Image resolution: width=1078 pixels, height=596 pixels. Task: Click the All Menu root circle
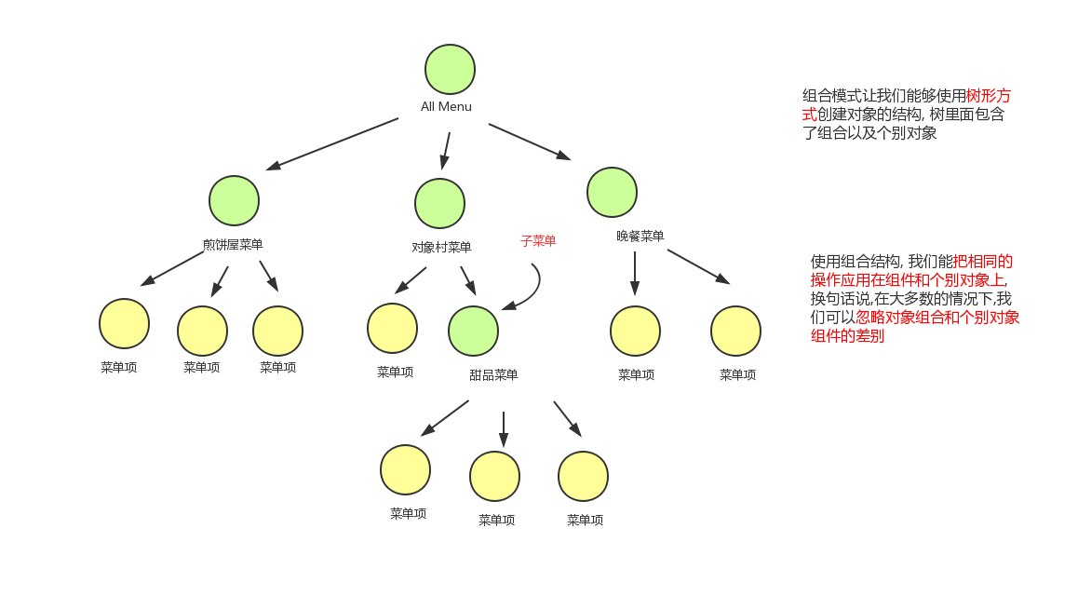(450, 70)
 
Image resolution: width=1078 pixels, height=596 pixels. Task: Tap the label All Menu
(446, 107)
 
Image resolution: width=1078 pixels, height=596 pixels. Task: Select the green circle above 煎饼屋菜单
(234, 200)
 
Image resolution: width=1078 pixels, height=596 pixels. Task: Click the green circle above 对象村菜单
(439, 203)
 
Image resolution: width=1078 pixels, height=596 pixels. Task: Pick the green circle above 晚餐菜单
(612, 192)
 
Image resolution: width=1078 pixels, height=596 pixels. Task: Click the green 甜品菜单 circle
(473, 331)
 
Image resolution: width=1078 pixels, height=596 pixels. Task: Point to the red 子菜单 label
(538, 241)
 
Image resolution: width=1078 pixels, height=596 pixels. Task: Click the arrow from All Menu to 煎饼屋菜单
(332, 143)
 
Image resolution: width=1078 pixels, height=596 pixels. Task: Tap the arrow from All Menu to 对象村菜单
(446, 149)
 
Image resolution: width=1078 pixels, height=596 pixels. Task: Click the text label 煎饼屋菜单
(233, 245)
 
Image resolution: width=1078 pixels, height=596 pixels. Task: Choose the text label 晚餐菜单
(640, 237)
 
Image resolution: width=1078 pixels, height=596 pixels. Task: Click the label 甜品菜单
(493, 375)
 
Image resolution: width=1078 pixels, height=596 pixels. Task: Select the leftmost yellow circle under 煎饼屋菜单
(124, 323)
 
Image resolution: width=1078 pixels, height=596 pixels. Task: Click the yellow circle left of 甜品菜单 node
(392, 328)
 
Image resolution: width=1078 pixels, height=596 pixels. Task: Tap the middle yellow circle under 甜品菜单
(494, 476)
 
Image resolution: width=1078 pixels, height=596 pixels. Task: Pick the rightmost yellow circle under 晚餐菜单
(735, 331)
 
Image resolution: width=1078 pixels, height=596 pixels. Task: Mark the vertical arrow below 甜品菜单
(504, 428)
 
